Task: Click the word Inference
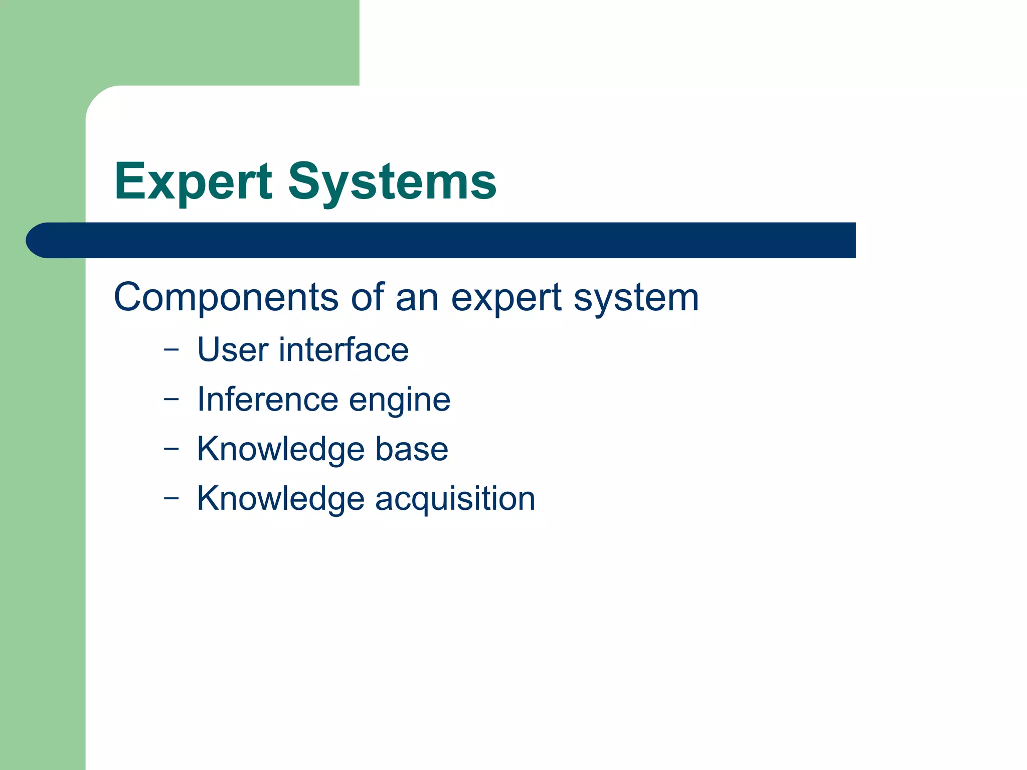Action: click(x=267, y=400)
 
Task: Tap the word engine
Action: click(x=400, y=402)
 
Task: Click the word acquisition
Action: click(x=455, y=500)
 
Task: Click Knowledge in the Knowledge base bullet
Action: click(x=280, y=449)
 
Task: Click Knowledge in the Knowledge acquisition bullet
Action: click(x=280, y=499)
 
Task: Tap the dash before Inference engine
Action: click(x=171, y=400)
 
